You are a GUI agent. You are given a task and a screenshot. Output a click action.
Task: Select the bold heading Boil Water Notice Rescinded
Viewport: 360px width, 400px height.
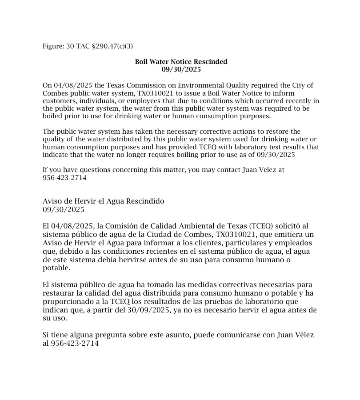pos(181,62)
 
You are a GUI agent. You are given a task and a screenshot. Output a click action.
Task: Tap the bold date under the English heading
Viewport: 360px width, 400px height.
pos(181,69)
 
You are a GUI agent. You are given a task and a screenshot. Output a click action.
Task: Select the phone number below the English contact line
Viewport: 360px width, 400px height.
pos(64,178)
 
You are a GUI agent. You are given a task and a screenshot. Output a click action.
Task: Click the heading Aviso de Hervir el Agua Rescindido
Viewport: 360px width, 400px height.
pos(103,201)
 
